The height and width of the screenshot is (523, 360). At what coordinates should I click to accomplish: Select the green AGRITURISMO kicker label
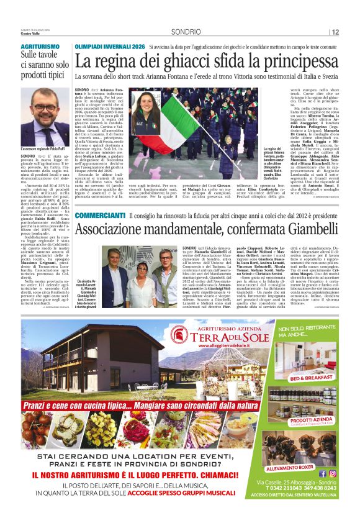41,47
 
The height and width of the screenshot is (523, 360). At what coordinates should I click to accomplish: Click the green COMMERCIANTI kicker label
100,214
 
